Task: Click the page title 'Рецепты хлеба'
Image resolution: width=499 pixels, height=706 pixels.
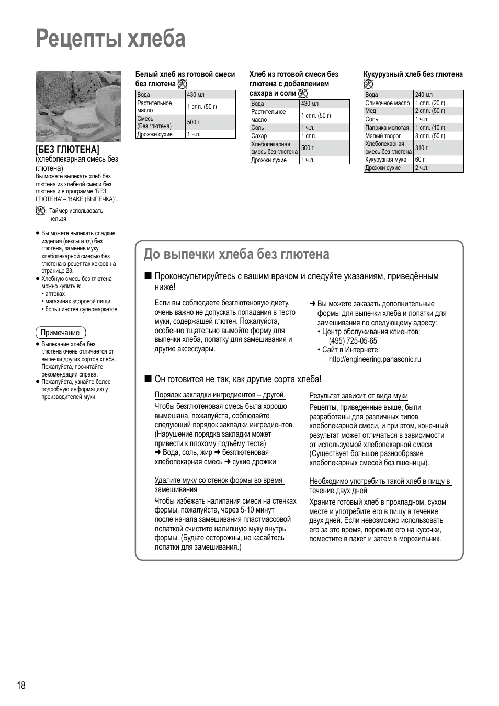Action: point(111,39)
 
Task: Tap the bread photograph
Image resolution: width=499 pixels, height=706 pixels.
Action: point(78,106)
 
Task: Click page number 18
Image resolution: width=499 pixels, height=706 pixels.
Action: point(21,686)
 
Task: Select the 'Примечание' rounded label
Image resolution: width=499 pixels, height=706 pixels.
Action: point(60,333)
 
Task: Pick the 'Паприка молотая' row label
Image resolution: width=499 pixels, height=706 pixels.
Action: point(387,128)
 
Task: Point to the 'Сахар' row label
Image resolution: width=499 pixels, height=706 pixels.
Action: point(259,136)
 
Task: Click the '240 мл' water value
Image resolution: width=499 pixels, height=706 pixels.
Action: point(424,95)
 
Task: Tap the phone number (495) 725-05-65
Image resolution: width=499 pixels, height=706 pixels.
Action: point(353,341)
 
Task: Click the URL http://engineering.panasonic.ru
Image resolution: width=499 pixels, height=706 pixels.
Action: point(375,359)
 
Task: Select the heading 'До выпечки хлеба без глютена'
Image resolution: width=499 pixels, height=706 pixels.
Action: point(236,254)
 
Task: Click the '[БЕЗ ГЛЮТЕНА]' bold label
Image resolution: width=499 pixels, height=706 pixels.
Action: point(67,150)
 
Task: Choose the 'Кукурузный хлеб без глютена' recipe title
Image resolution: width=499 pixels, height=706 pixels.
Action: point(413,74)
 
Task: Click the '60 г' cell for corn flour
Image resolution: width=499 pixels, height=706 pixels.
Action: point(420,160)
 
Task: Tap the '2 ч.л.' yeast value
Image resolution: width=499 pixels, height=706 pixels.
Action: point(422,168)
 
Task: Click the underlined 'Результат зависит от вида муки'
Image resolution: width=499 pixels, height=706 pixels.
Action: point(358,396)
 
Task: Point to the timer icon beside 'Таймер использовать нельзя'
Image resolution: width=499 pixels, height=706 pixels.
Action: point(41,211)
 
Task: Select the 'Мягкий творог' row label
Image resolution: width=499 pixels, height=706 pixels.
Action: point(383,136)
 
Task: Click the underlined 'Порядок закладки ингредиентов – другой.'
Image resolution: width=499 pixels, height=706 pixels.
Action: point(220,395)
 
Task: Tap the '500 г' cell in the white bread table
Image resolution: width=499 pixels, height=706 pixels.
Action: point(194,122)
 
